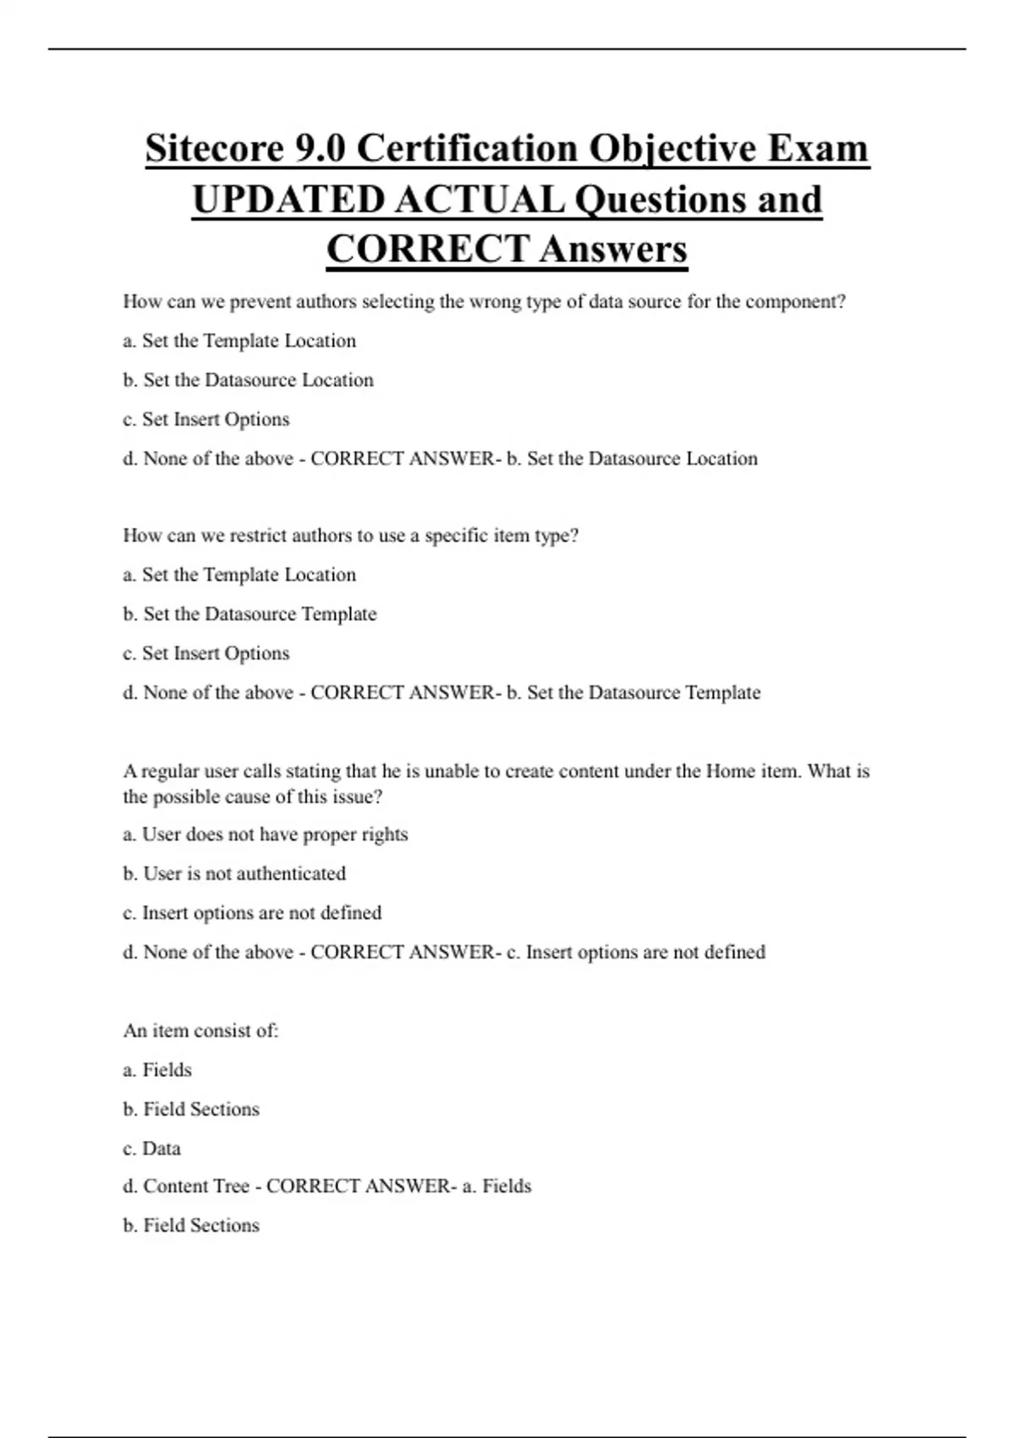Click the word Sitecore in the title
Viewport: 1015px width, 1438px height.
(x=213, y=149)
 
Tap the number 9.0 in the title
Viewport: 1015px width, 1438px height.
(x=320, y=149)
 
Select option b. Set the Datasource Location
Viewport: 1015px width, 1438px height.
(x=248, y=381)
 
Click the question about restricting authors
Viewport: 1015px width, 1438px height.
(x=350, y=535)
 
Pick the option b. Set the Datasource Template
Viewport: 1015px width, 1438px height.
(x=250, y=614)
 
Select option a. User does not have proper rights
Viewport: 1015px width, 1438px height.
(x=265, y=835)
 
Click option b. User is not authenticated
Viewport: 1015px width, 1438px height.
(x=234, y=874)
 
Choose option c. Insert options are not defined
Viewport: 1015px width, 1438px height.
(x=252, y=913)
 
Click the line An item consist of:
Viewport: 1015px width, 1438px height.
(x=200, y=1031)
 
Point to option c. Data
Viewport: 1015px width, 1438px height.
(x=151, y=1149)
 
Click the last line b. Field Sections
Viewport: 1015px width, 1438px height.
(x=191, y=1226)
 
